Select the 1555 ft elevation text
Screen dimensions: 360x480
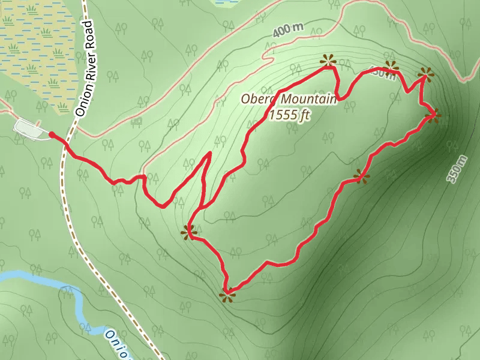289,115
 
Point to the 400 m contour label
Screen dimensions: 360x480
288,30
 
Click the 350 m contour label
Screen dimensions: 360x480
457,169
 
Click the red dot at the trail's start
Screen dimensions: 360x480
52,135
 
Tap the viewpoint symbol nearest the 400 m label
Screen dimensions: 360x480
328,60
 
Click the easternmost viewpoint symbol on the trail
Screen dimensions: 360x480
433,115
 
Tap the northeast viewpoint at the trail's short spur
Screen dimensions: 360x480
426,74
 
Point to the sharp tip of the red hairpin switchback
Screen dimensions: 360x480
210,154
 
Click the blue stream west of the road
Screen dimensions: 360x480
36,277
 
